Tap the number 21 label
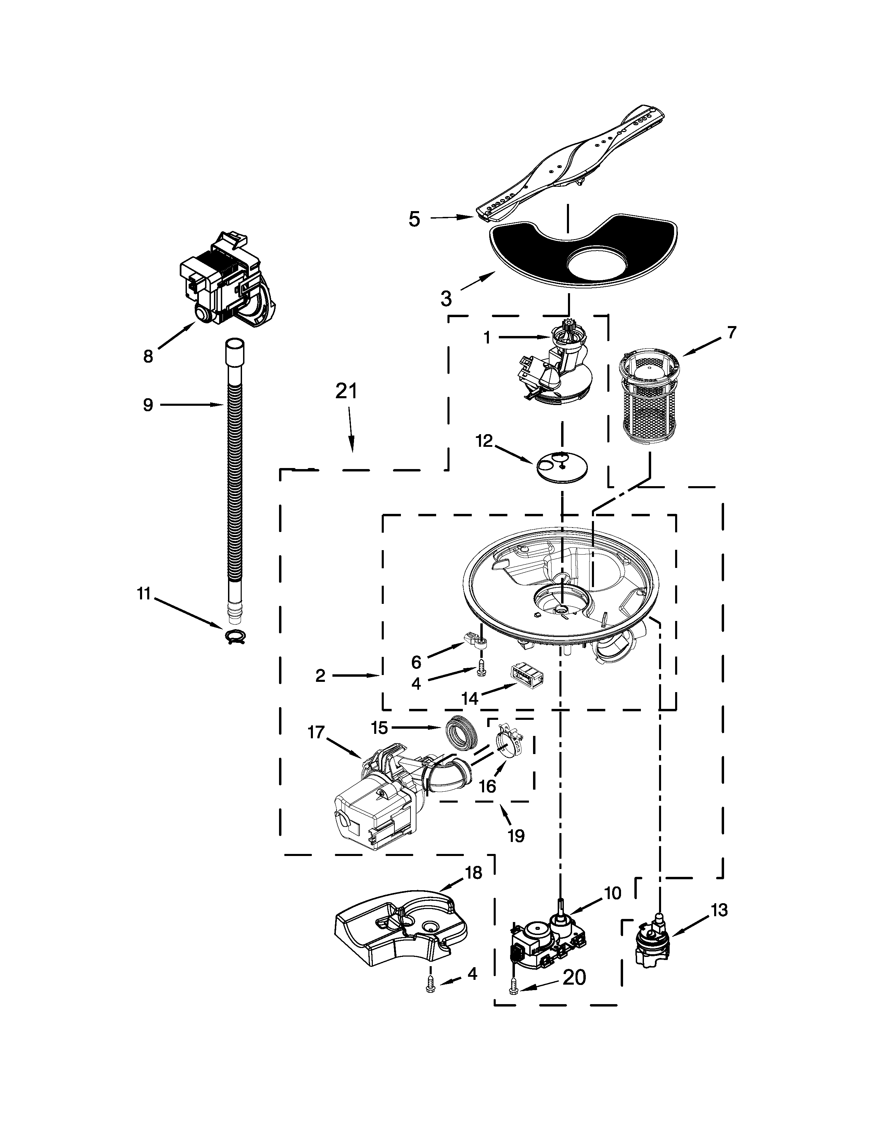[x=346, y=391]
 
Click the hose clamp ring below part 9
[x=235, y=637]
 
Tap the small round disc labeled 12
[x=562, y=467]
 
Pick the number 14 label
[x=470, y=698]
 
